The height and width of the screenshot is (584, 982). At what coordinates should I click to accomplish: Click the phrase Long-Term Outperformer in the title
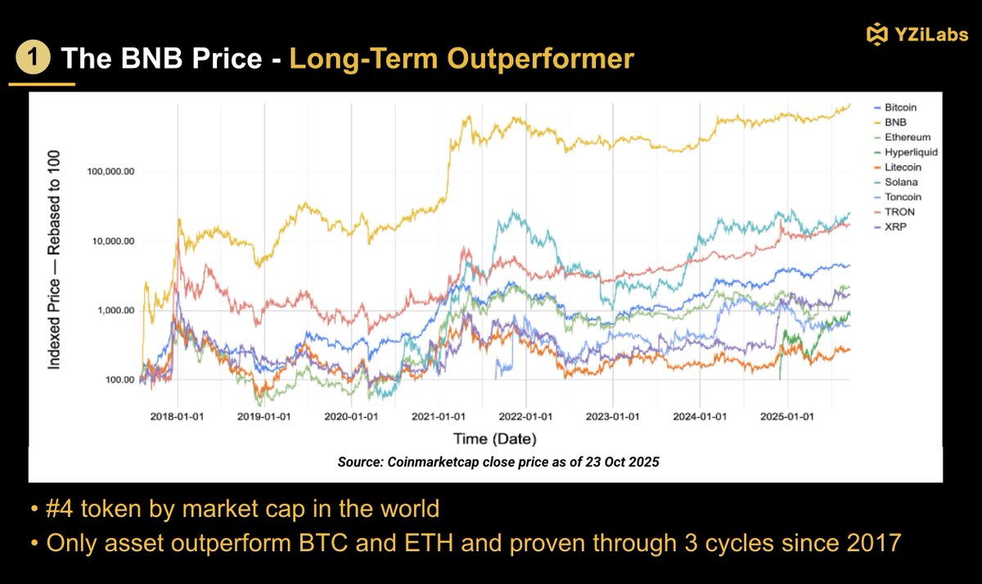[462, 59]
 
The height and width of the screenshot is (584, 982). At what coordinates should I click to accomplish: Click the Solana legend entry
[899, 182]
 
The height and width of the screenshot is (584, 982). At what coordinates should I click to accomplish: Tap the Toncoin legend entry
[901, 196]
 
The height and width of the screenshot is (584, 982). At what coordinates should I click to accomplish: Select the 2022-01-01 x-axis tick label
[525, 415]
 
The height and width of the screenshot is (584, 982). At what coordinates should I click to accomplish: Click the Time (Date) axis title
[493, 438]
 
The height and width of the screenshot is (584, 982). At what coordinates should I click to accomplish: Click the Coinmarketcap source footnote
[498, 461]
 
